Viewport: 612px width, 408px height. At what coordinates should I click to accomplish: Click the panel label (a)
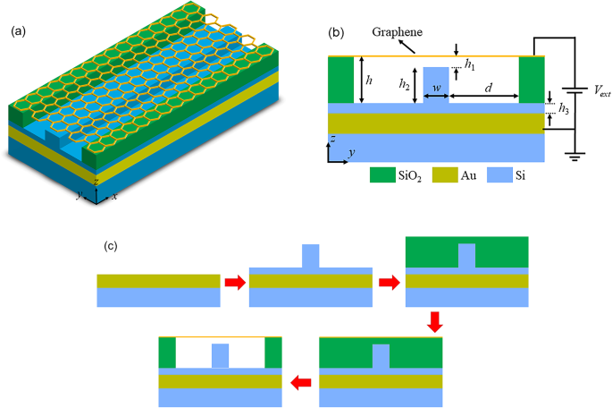pos(17,32)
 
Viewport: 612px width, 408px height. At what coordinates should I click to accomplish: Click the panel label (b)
pos(336,32)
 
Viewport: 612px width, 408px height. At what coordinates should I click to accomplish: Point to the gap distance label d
pos(487,88)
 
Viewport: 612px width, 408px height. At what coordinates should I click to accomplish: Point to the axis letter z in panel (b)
pos(332,140)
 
